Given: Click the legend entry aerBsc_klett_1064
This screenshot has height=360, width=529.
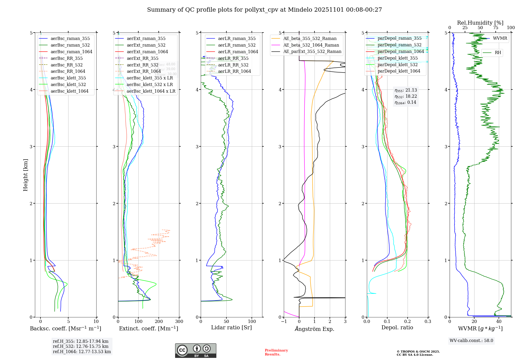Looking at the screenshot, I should [x=69, y=91].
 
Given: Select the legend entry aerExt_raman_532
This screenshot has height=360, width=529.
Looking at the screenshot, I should [x=146, y=45].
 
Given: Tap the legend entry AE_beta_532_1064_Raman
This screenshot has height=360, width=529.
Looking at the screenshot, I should [x=311, y=45].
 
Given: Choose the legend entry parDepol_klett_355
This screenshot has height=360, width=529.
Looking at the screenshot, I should [x=398, y=58].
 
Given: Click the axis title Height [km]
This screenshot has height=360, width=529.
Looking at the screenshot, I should [x=25, y=175].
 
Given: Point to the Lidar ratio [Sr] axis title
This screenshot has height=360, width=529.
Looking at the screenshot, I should [x=231, y=327].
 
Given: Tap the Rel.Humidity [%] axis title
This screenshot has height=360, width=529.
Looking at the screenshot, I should [x=480, y=23].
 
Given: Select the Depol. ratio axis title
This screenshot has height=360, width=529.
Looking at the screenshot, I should [x=397, y=327].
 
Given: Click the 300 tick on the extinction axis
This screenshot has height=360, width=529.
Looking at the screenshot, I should [x=179, y=322].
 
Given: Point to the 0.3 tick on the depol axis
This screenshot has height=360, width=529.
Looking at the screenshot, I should [x=428, y=322].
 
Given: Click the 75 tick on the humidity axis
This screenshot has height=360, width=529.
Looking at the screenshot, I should [x=495, y=28].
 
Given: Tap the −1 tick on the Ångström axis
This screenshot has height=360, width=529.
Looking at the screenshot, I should [x=284, y=322].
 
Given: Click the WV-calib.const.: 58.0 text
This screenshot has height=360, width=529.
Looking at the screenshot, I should [x=471, y=340].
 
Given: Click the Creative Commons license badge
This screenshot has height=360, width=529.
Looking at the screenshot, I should [x=195, y=350].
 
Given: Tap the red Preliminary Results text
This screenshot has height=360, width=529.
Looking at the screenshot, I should [x=276, y=352].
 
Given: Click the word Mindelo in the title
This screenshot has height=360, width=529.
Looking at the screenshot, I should [x=300, y=10].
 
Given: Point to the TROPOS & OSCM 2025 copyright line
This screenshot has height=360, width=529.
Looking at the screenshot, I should [x=418, y=352].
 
